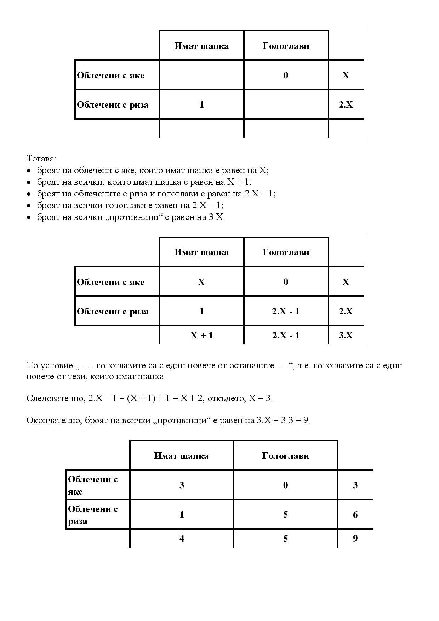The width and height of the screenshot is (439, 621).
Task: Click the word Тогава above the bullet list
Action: coord(41,158)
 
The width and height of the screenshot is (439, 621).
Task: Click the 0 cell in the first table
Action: coord(286,75)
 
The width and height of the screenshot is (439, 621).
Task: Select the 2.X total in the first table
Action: coord(346,105)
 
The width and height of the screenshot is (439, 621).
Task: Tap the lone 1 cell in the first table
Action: coord(201,105)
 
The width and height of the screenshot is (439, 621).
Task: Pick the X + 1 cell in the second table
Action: coord(202,335)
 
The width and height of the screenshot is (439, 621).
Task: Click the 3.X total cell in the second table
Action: coord(346,335)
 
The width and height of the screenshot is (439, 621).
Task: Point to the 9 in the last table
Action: coord(355,539)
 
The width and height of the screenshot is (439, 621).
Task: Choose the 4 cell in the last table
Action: coord(182,539)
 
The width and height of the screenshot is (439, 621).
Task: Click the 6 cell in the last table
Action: coord(355,514)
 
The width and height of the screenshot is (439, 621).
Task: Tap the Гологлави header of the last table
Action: coord(285,456)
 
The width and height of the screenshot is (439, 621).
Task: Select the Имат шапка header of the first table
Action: coord(201,46)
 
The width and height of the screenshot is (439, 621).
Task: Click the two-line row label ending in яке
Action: coord(93,485)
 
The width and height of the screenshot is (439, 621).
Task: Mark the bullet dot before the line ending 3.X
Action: coord(29,217)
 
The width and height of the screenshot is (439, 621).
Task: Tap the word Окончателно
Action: coord(54,420)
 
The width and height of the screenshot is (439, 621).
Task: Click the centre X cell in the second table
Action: coord(201,282)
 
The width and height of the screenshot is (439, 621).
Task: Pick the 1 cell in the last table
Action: coord(182,514)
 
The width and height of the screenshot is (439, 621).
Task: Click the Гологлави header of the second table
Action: coord(286,252)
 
